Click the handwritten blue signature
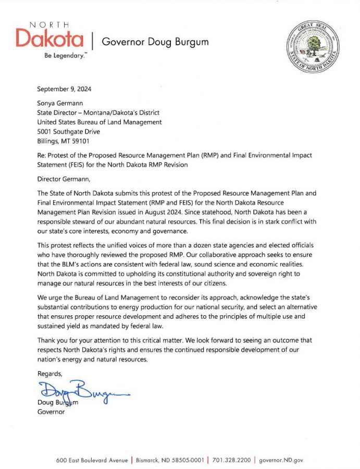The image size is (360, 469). click(78, 390)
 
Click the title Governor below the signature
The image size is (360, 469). click(51, 412)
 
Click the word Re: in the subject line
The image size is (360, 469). click(42, 156)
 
